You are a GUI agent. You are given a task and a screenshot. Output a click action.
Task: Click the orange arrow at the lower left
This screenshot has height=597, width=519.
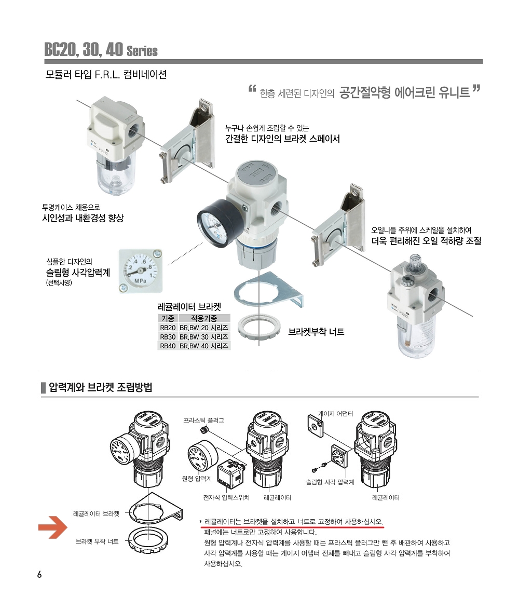pyautogui.click(x=53, y=527)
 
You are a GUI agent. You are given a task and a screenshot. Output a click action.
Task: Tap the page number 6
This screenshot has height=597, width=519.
pyautogui.click(x=39, y=575)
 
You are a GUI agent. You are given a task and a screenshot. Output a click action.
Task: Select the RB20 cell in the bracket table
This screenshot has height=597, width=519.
pyautogui.click(x=168, y=328)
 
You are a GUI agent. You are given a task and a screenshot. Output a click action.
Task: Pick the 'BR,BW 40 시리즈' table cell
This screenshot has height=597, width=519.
pyautogui.click(x=204, y=346)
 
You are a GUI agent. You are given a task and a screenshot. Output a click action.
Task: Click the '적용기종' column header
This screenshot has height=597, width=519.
pyautogui.click(x=204, y=318)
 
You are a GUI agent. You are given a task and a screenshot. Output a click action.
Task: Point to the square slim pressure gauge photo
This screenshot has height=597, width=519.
pyautogui.click(x=141, y=270)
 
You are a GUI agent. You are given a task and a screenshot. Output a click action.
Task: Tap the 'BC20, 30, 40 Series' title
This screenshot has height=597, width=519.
pyautogui.click(x=101, y=49)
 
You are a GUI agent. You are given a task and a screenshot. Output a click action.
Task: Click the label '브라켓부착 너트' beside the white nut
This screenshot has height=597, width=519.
pyautogui.click(x=316, y=332)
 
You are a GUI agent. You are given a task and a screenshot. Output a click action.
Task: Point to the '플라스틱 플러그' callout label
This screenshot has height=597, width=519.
pyautogui.click(x=204, y=420)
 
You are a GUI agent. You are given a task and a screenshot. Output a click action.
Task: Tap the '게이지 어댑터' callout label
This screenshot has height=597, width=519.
pyautogui.click(x=335, y=414)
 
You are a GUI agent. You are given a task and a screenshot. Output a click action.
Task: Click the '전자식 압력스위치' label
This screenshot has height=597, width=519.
pyautogui.click(x=226, y=498)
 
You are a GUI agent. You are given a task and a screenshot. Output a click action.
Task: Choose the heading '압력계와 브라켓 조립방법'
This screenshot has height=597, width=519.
pyautogui.click(x=101, y=387)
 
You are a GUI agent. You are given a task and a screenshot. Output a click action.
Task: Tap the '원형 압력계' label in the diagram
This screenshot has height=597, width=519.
pyautogui.click(x=197, y=479)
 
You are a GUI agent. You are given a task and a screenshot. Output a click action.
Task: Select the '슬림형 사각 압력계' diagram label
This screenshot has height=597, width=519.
pyautogui.click(x=330, y=482)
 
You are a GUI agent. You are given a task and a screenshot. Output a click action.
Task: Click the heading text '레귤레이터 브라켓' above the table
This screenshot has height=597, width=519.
pyautogui.click(x=189, y=307)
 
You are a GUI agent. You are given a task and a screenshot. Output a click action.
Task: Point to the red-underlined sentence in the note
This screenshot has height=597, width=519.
pyautogui.click(x=294, y=522)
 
